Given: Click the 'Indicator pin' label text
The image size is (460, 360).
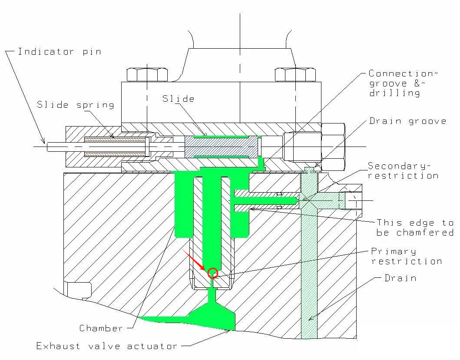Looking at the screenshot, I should [60, 52].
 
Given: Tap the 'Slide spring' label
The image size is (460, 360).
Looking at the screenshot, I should [76, 105].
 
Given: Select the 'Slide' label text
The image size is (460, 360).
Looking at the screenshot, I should [178, 99].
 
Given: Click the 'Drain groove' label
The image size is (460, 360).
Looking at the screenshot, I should [407, 121].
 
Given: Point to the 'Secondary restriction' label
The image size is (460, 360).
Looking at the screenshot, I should [403, 170].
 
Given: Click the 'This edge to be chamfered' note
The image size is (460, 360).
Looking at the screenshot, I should [414, 227].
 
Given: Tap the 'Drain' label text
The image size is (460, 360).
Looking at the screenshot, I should [400, 278].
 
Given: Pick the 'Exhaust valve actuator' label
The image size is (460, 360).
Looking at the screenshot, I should [107, 346].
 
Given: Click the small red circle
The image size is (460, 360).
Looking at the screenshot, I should [212, 273].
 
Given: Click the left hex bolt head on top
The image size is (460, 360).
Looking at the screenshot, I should [147, 74].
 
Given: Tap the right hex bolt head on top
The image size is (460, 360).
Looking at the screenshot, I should [295, 74].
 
